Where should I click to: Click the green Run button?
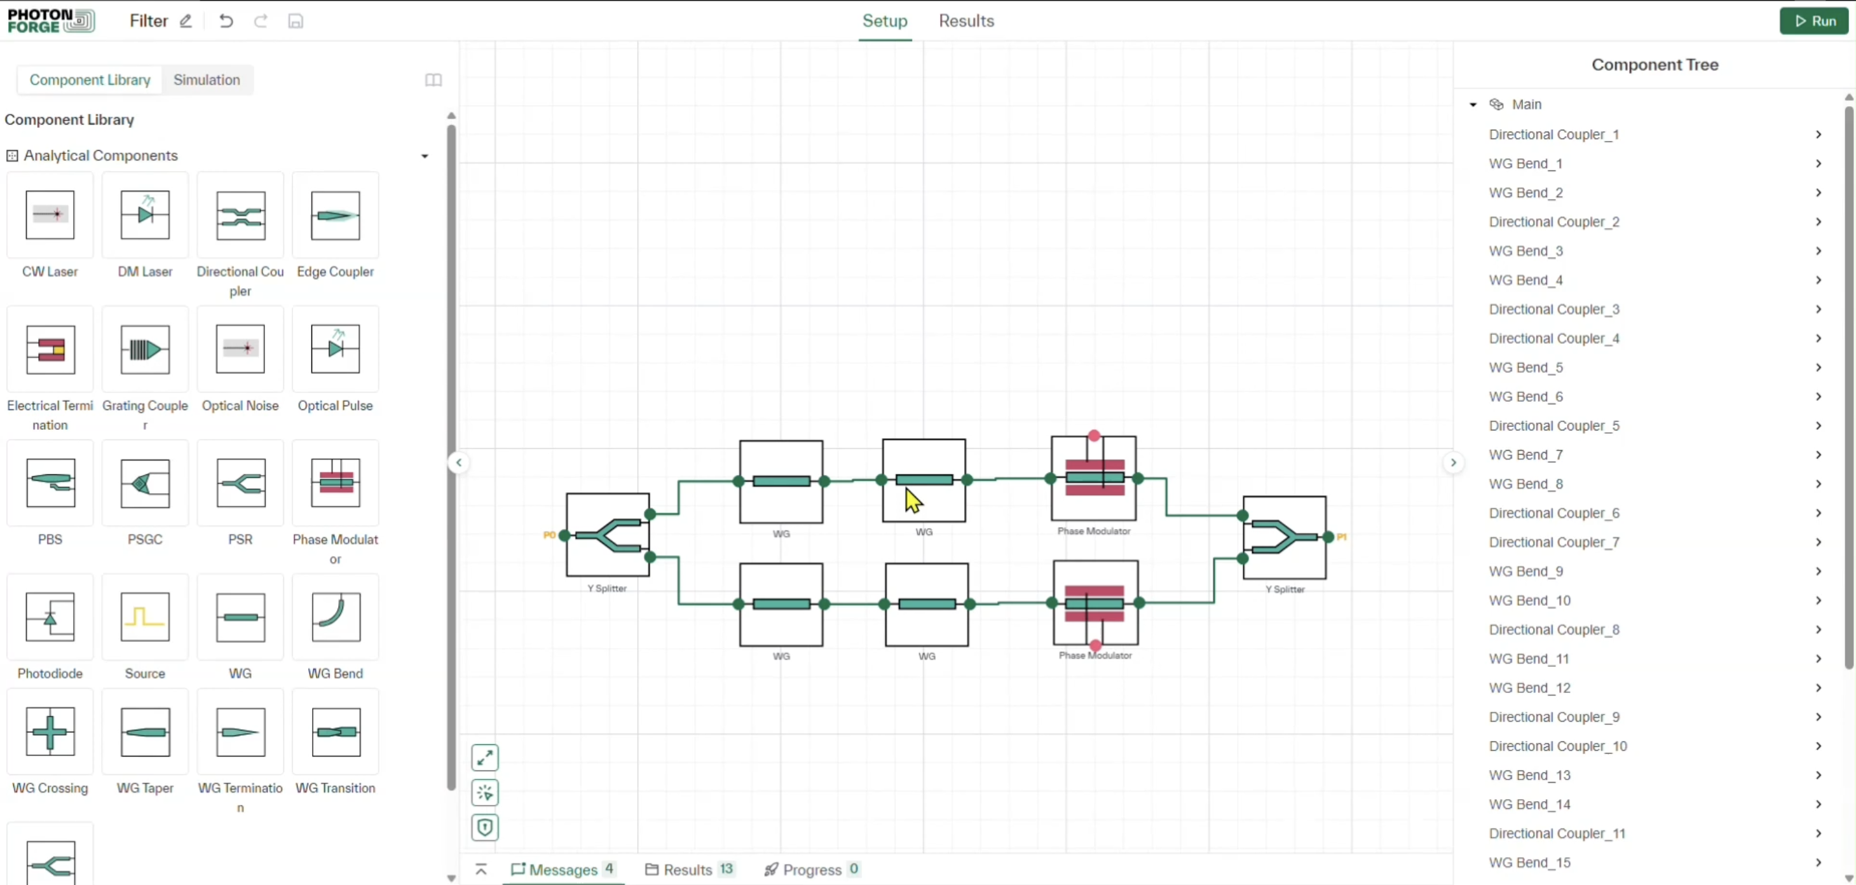pos(1813,21)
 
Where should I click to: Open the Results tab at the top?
pos(966,21)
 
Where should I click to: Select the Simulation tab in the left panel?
pos(207,80)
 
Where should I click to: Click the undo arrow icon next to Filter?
pos(226,21)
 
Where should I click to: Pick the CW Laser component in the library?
pos(50,215)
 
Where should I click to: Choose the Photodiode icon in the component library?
pos(50,617)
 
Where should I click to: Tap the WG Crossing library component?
pos(50,732)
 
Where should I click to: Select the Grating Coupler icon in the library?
pos(145,350)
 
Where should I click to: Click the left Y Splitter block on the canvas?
pos(608,535)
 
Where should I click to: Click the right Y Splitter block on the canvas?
pos(1284,537)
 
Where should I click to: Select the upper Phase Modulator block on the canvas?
pos(1093,479)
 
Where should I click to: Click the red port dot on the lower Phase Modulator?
pos(1095,645)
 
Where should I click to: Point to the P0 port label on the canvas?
pos(549,535)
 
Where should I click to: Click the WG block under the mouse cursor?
pos(924,480)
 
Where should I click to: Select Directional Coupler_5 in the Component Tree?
pos(1553,426)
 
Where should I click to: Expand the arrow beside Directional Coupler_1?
pos(1818,135)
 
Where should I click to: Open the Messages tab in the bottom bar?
pos(563,869)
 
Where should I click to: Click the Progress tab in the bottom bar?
pos(811,869)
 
